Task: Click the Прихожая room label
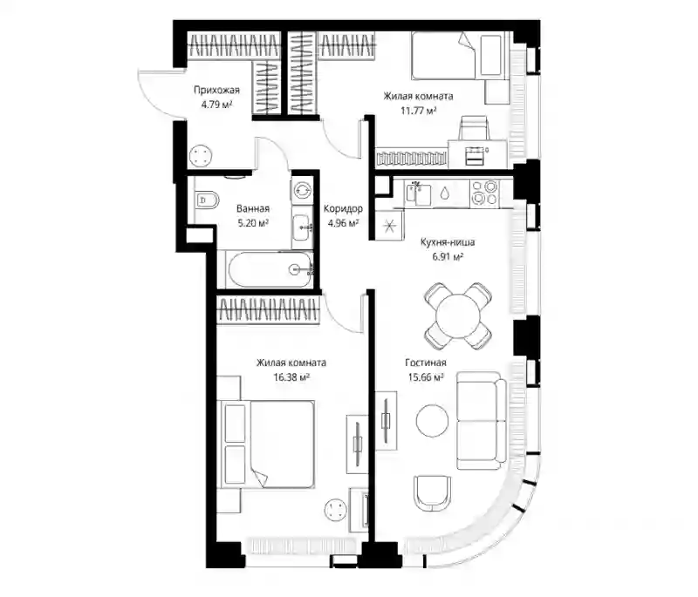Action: pyautogui.click(x=216, y=91)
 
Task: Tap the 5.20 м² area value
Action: pyautogui.click(x=253, y=223)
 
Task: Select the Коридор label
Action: pyautogui.click(x=343, y=208)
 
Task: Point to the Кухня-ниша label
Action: pyautogui.click(x=448, y=242)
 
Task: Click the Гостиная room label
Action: pyautogui.click(x=426, y=363)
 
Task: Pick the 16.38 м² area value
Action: pyautogui.click(x=291, y=377)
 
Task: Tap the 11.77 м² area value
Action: pyautogui.click(x=418, y=110)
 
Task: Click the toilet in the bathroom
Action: pyautogui.click(x=207, y=200)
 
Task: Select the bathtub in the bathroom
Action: pyautogui.click(x=269, y=269)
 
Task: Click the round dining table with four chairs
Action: pyautogui.click(x=458, y=316)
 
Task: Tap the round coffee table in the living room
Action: pyautogui.click(x=432, y=421)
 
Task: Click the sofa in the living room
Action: pyautogui.click(x=482, y=421)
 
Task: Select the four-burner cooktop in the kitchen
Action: pyautogui.click(x=485, y=193)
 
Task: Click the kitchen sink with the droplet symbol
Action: pyautogui.click(x=445, y=193)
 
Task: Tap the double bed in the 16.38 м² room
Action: pyautogui.click(x=266, y=444)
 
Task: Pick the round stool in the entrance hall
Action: pyautogui.click(x=201, y=157)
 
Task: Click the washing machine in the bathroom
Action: pyautogui.click(x=303, y=190)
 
